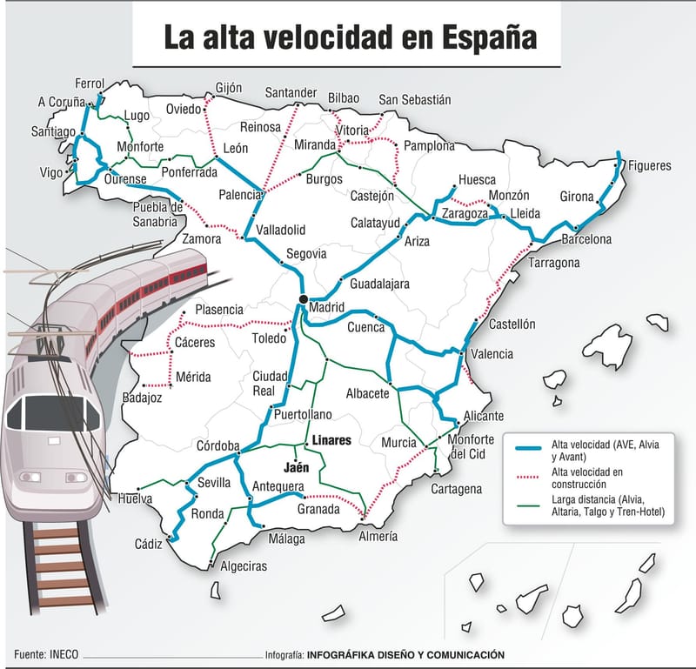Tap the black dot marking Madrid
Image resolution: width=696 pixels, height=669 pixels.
coord(303,299)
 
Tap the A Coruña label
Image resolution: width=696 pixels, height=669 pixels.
coord(62,102)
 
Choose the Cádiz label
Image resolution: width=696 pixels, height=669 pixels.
coord(149,545)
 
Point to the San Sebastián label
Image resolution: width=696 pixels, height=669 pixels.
coord(415,100)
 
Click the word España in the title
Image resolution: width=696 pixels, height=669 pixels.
coord(488,38)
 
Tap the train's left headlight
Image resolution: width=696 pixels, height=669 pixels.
coord(30,477)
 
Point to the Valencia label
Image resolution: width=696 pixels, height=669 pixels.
coord(492,354)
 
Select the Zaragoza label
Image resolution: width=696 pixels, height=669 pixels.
coord(465,213)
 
